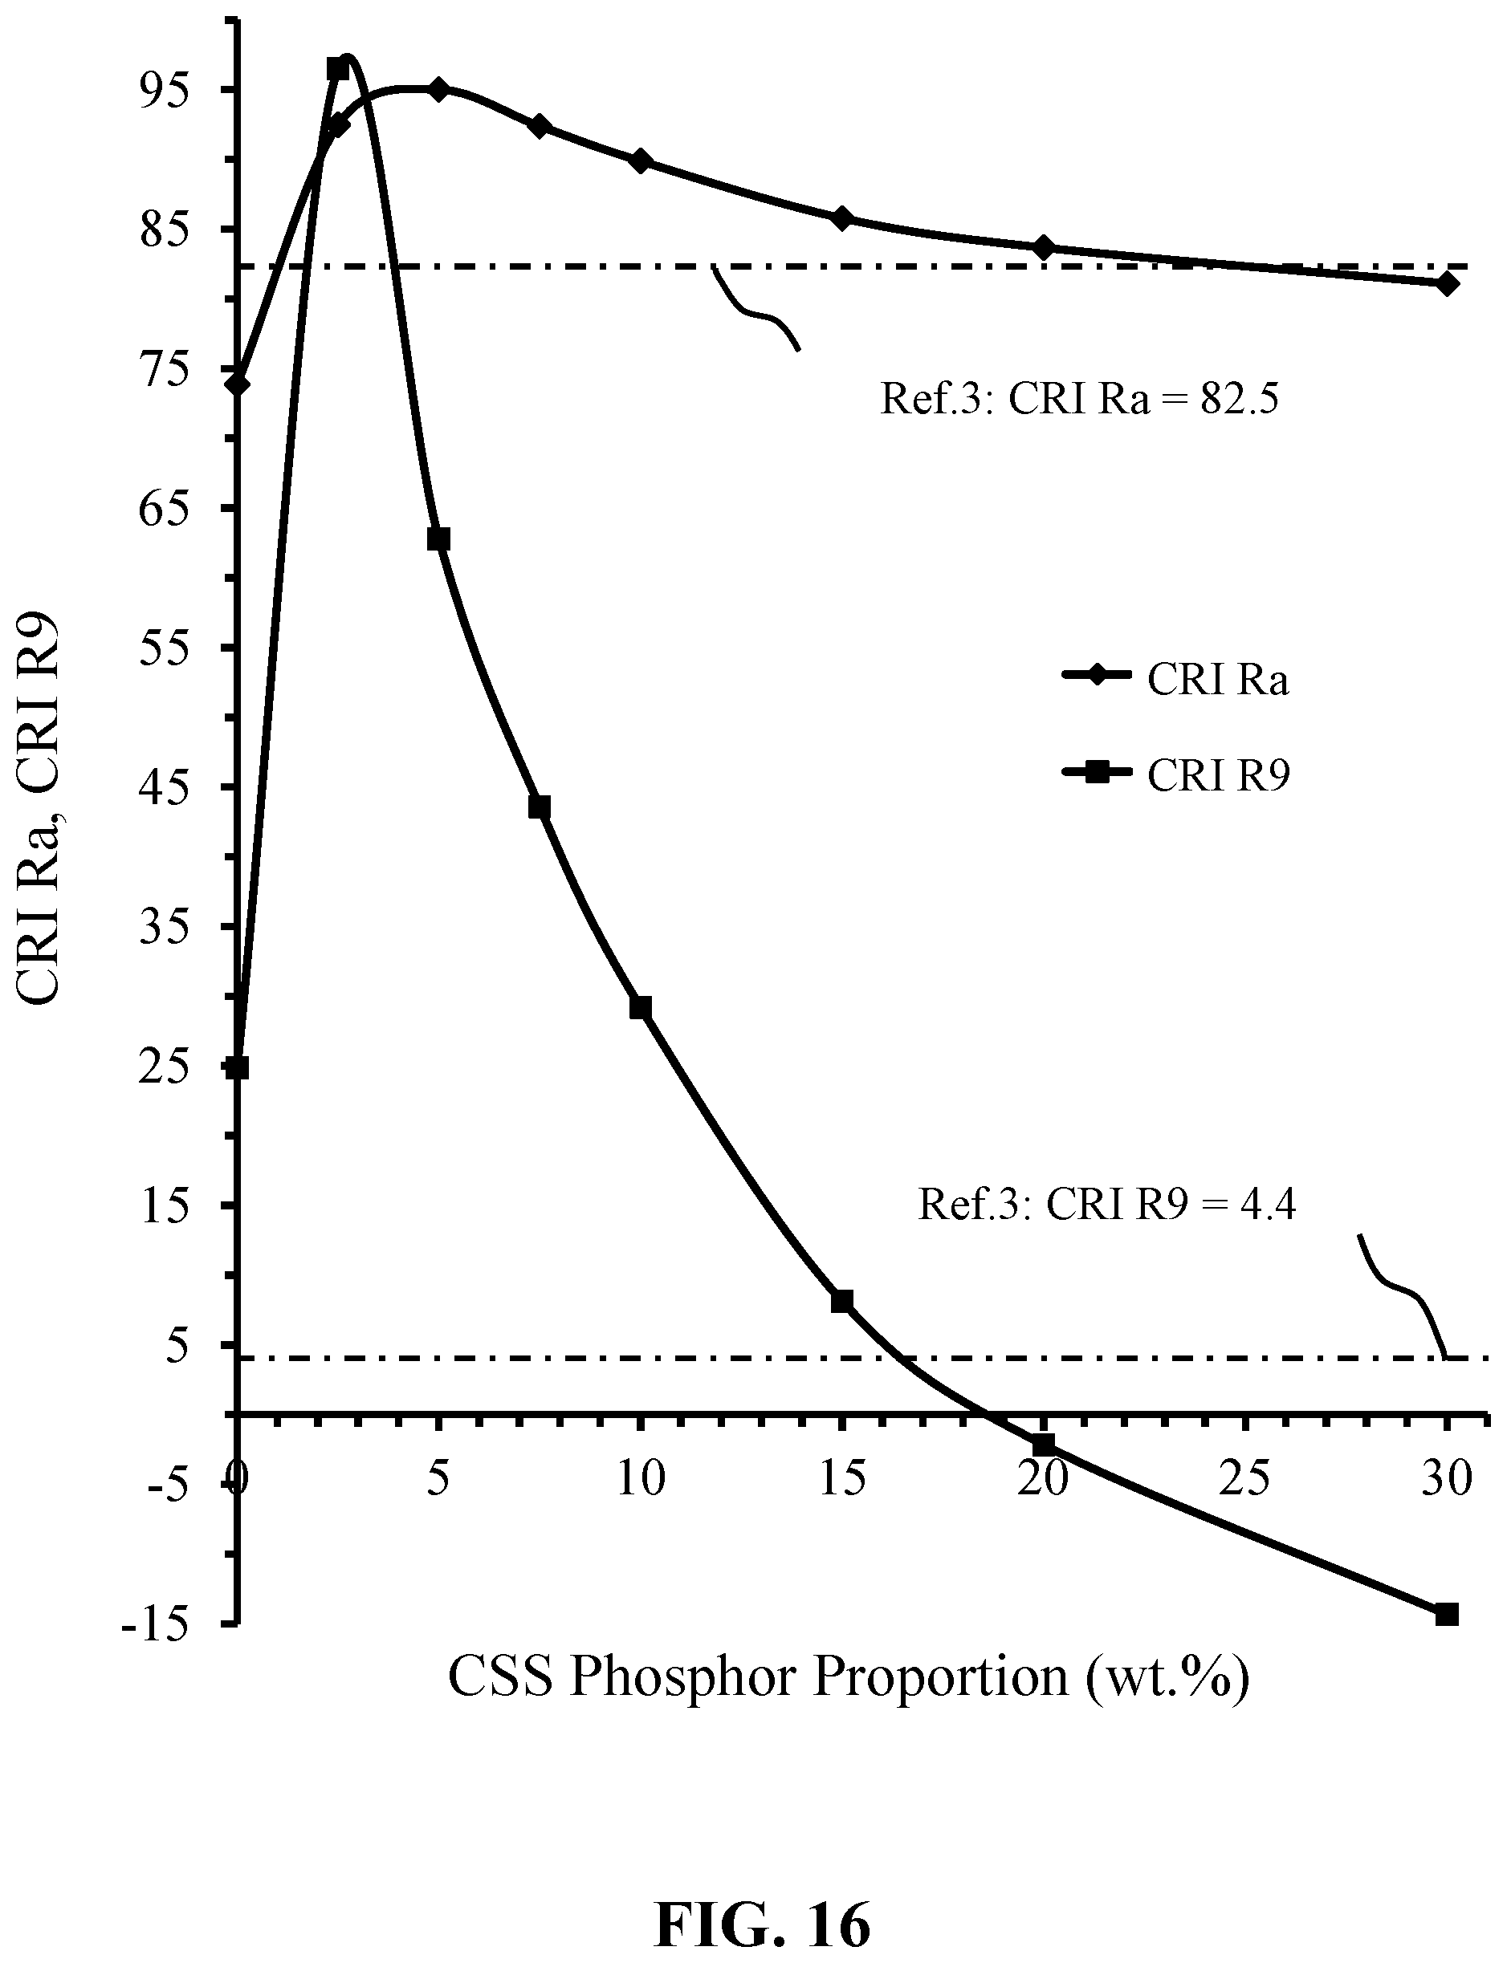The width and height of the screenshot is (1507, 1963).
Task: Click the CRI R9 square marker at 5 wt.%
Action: [438, 539]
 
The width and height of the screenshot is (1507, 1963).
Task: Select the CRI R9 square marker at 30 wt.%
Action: [1446, 1615]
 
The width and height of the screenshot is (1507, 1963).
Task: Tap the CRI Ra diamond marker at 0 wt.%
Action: [238, 384]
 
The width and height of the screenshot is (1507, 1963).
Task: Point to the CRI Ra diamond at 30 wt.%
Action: [1446, 284]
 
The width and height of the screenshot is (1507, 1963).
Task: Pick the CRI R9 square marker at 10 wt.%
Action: [641, 1008]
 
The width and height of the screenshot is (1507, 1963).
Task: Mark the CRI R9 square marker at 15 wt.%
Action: [841, 1301]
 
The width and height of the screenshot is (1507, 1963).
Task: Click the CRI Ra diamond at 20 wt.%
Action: [1043, 247]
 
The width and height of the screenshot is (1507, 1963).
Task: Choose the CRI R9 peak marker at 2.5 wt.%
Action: [337, 68]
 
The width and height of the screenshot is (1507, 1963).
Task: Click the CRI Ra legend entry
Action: [1175, 681]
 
